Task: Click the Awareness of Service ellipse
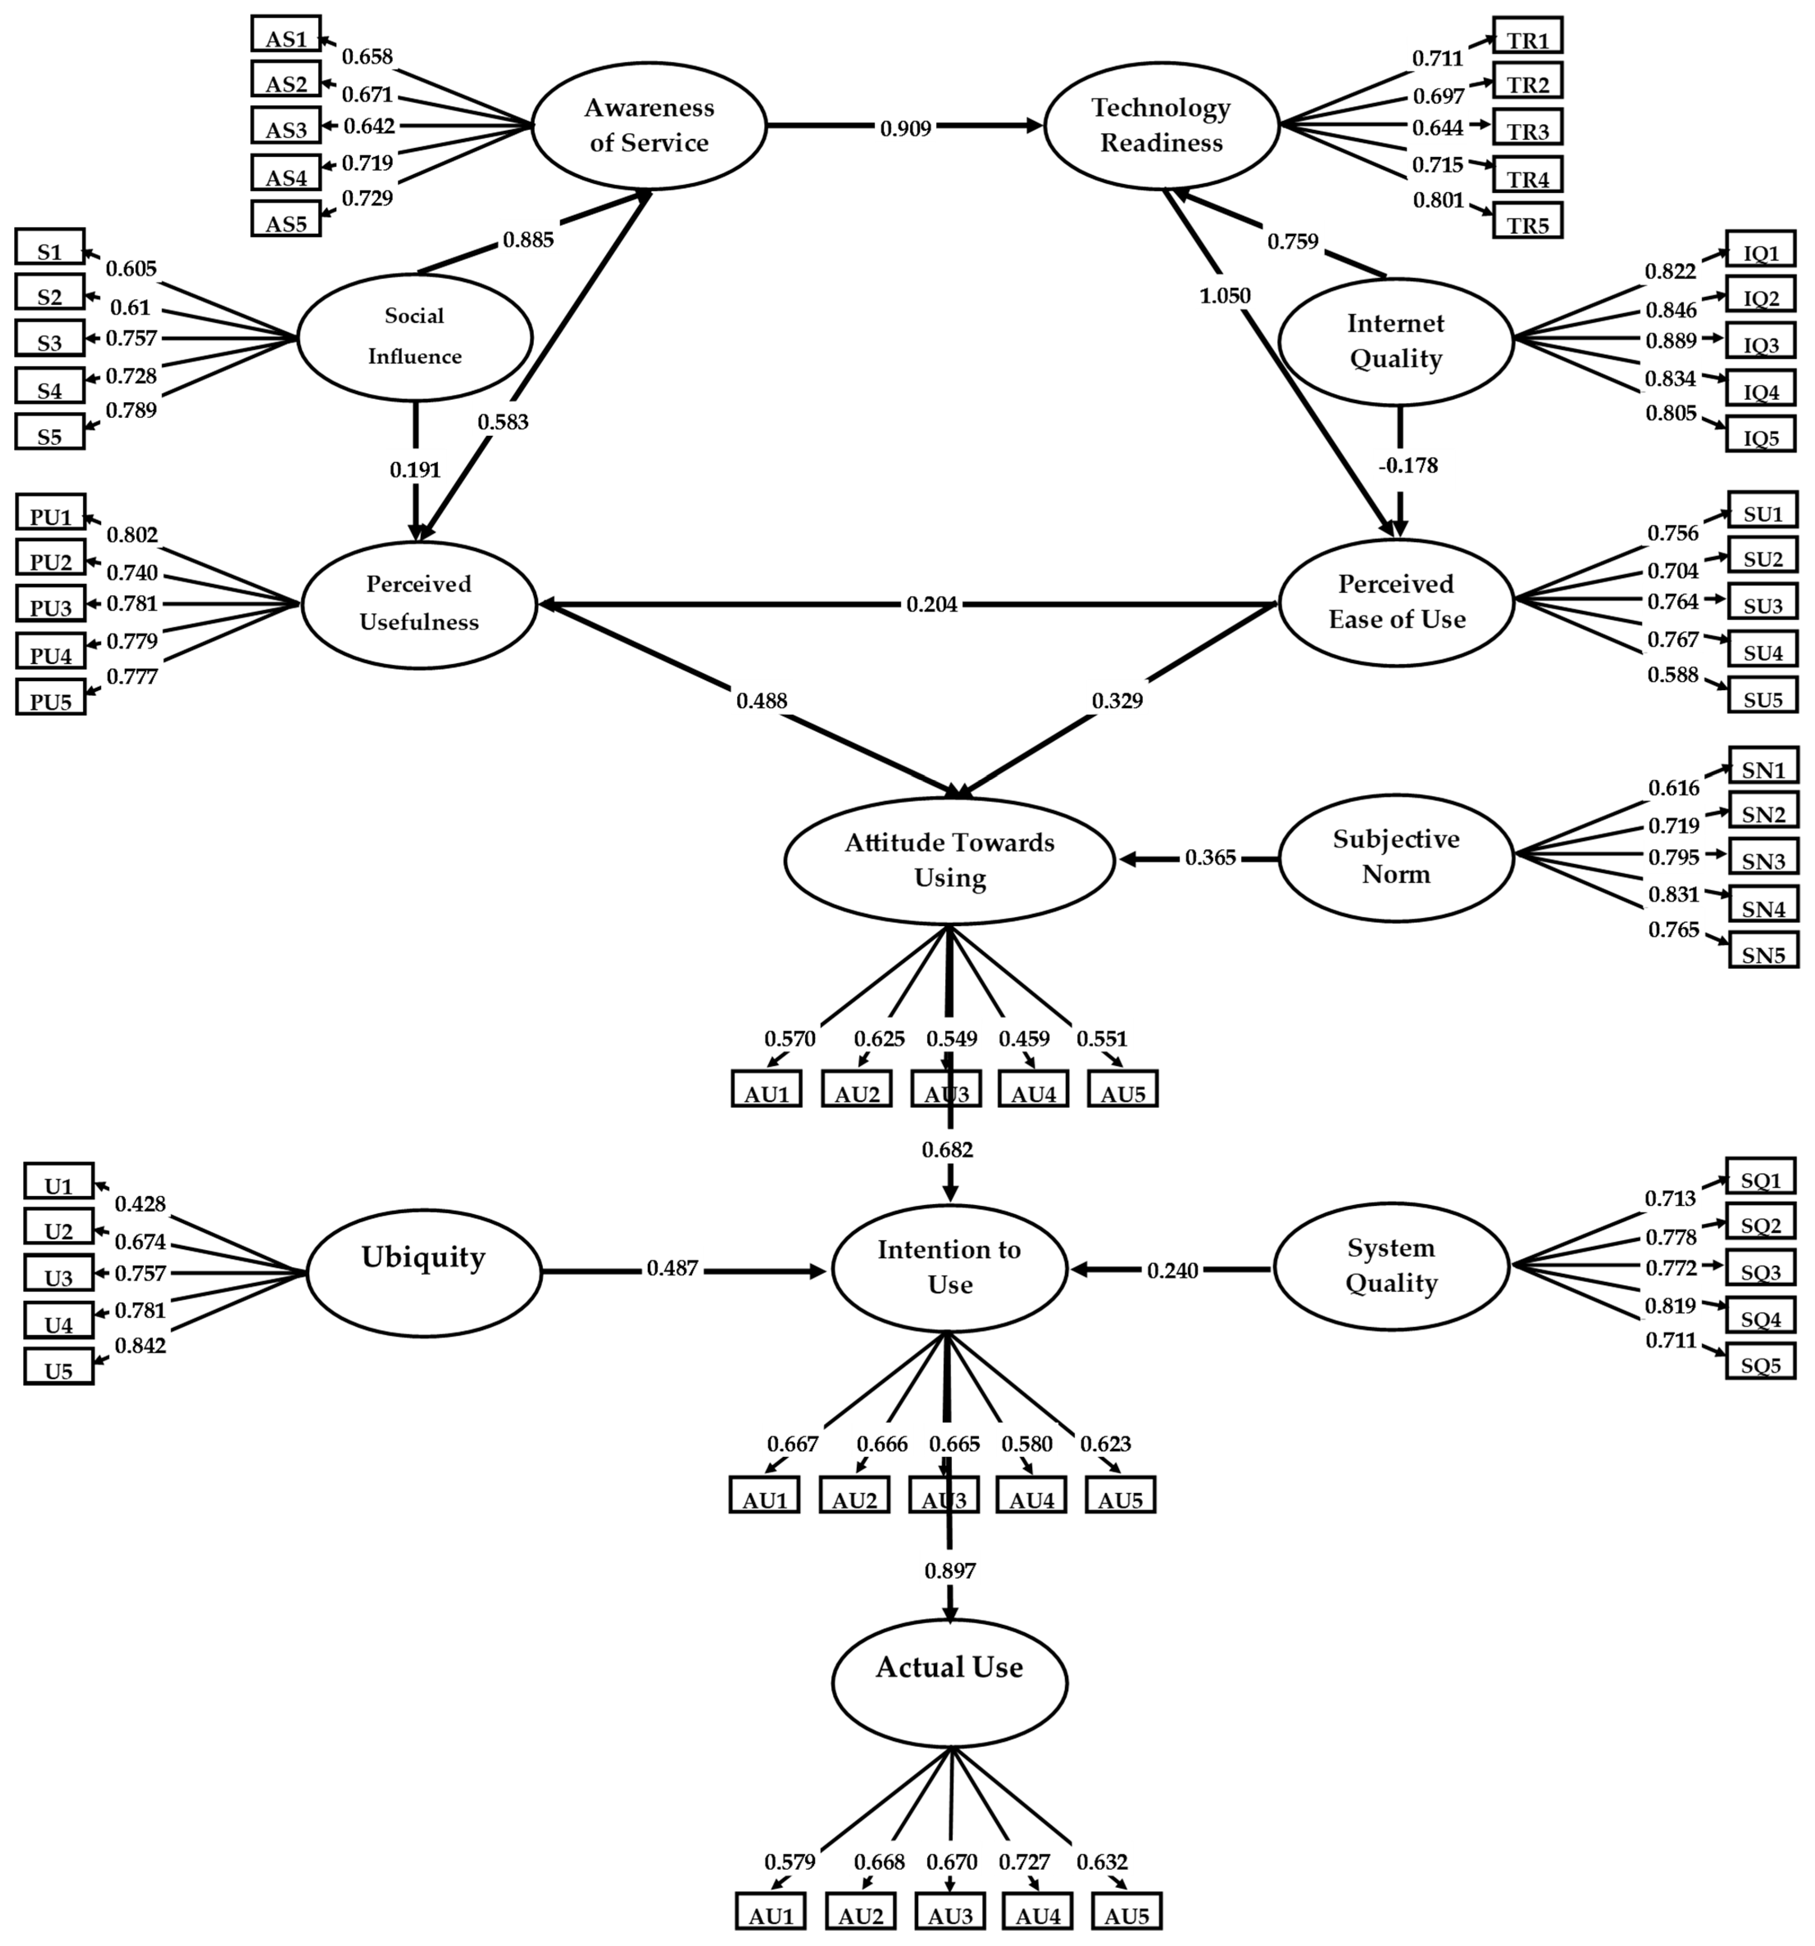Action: coord(649,125)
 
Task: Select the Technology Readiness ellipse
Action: coord(1161,125)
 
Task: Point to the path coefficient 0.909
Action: coord(905,127)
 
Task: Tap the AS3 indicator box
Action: coord(286,128)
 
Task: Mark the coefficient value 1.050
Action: coord(1225,296)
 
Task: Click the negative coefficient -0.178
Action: coord(1408,466)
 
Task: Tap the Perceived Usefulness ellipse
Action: coord(419,604)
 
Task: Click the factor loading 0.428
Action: coord(140,1204)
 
